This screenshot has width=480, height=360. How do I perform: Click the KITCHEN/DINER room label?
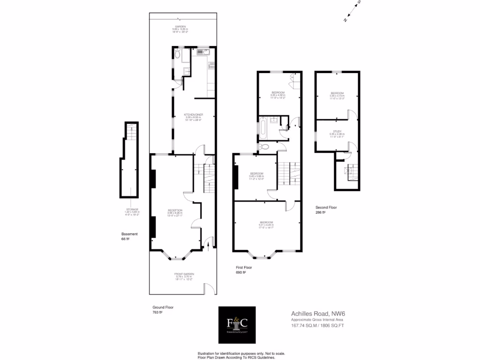pos(193,114)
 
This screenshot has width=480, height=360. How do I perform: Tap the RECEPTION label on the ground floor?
pos(175,210)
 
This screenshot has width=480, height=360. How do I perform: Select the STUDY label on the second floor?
pos(337,132)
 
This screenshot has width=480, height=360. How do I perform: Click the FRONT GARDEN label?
pos(184,274)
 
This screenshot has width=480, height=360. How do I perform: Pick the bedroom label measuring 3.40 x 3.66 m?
pos(256,173)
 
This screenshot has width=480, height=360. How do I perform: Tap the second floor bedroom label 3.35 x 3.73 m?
pos(337,93)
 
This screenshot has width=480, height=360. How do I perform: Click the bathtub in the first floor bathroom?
pos(264,127)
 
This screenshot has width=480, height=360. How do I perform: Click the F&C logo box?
pos(237,324)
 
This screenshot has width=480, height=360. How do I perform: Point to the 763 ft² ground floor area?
pos(157,312)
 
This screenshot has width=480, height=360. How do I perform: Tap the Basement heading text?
pos(129,234)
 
